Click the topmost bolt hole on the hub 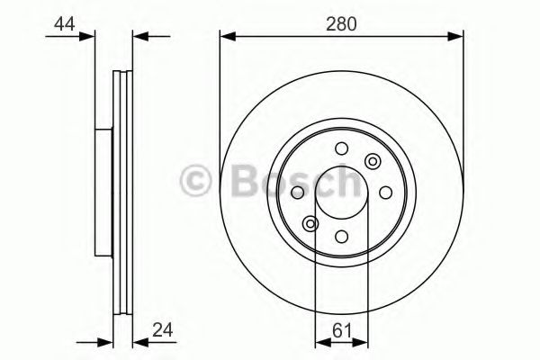click(341, 148)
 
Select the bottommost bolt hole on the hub click(342, 236)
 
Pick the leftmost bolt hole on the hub click(299, 193)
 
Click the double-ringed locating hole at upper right click(373, 162)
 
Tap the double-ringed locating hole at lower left click(310, 223)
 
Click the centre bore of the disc click(342, 193)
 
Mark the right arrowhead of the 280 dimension click(458, 37)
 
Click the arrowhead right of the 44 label click(87, 37)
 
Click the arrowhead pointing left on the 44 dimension click(139, 37)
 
